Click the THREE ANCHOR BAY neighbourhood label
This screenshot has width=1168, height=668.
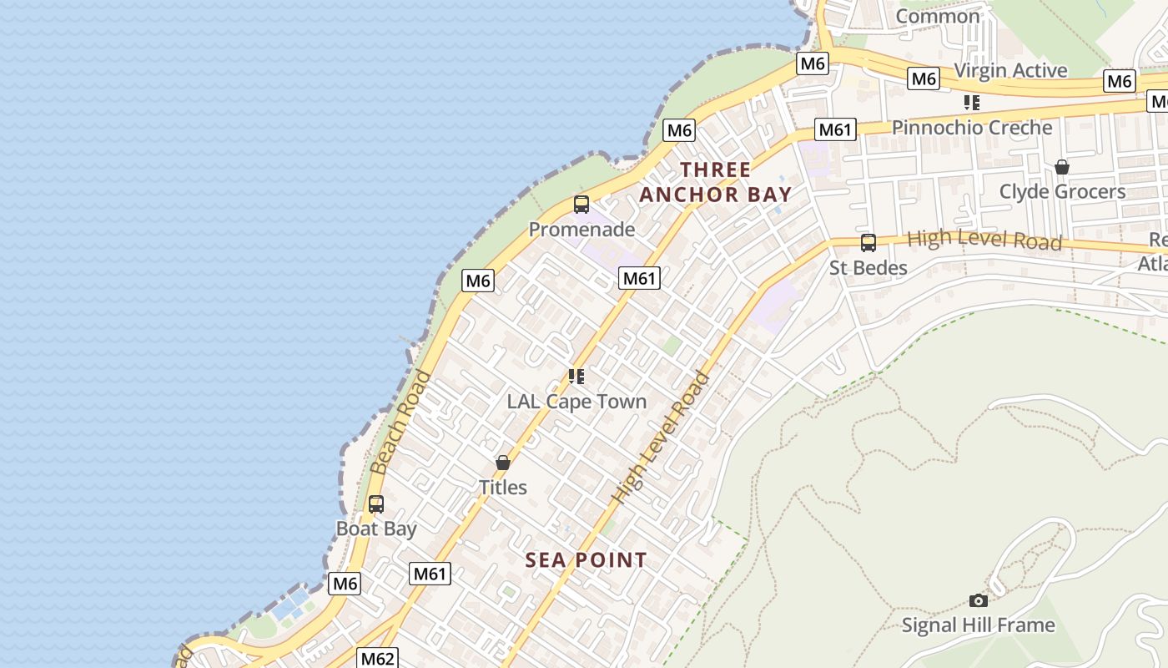(x=715, y=182)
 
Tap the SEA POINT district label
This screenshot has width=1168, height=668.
(x=586, y=560)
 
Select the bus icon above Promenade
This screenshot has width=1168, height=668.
(x=581, y=205)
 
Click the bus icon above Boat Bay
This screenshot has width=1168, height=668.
(x=376, y=504)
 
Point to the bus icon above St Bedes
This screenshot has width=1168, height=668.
(x=868, y=243)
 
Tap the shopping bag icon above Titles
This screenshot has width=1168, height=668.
(x=503, y=463)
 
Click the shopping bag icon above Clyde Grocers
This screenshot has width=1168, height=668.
(x=1062, y=167)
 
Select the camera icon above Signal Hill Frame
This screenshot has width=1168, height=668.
(x=979, y=600)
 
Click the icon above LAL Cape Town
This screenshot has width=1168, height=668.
(x=576, y=377)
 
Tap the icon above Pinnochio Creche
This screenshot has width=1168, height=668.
(x=972, y=103)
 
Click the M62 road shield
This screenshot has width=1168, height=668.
(x=377, y=658)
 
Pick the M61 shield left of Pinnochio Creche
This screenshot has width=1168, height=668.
(x=835, y=129)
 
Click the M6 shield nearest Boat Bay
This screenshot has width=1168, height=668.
(x=345, y=584)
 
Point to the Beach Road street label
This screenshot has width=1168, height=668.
(x=400, y=423)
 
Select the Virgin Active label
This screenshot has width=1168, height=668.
(x=1010, y=70)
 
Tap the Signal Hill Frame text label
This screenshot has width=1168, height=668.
(x=978, y=625)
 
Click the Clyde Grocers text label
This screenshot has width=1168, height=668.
(x=1062, y=191)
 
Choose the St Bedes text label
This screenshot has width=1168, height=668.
(x=868, y=267)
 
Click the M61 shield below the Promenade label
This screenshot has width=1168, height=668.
(x=639, y=278)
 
